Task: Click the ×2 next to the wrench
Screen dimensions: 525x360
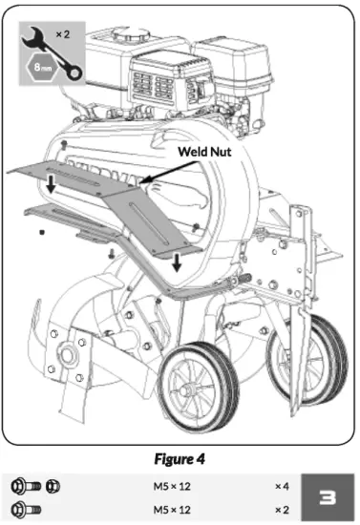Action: pos(64,33)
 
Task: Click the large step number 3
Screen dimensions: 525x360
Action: pos(324,495)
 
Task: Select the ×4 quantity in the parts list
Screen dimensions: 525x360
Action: pos(281,486)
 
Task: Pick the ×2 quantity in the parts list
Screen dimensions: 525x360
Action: pos(281,509)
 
